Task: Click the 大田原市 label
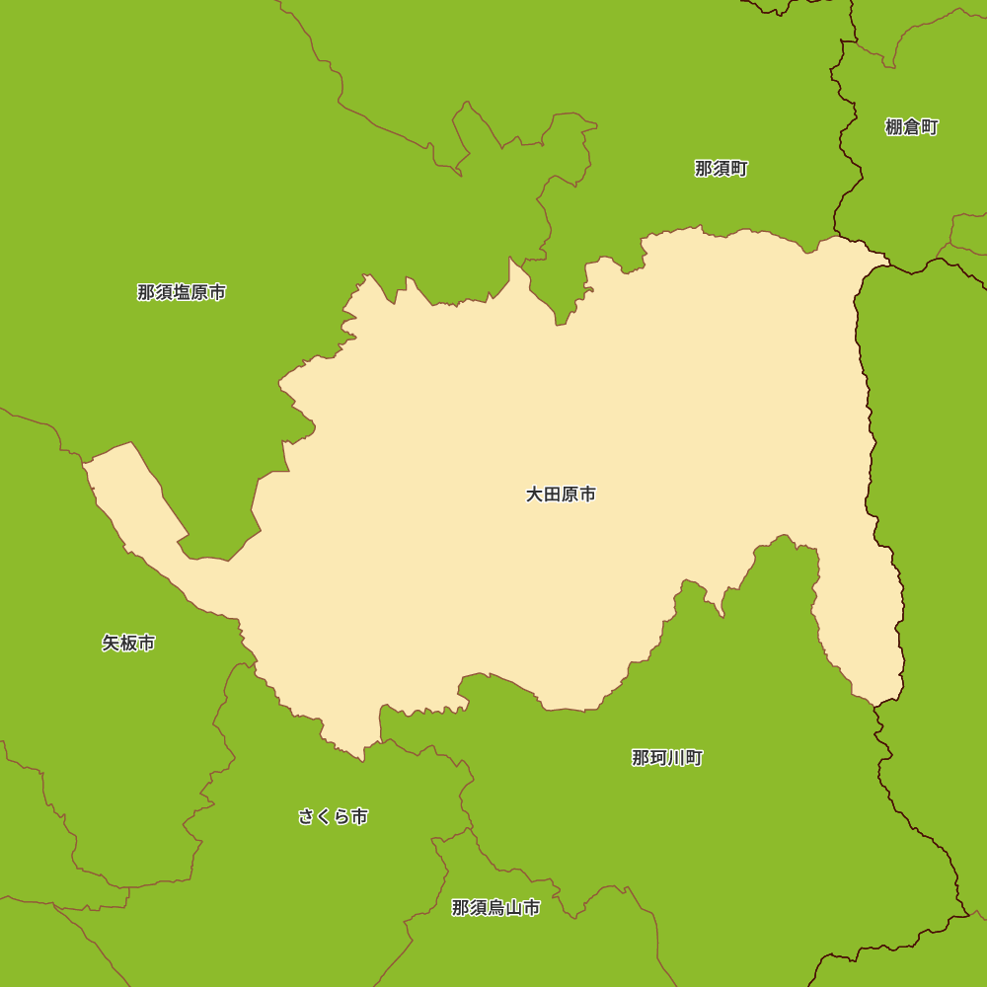[x=561, y=494]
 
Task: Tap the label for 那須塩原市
[x=182, y=292]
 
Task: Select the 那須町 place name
[x=721, y=169]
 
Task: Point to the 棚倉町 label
[x=912, y=126]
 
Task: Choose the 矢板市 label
[x=128, y=644]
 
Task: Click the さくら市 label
[x=334, y=817]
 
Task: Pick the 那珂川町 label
[x=667, y=758]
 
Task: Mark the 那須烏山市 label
[x=496, y=908]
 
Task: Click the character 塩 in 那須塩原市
[x=182, y=292]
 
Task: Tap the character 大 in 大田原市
[x=534, y=494]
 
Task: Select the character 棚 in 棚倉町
[x=894, y=126]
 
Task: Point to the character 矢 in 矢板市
[x=111, y=644]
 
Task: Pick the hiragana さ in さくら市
[x=307, y=817]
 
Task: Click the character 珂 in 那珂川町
[x=658, y=758]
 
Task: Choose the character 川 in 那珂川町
[x=676, y=758]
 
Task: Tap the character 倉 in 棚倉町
[x=912, y=126]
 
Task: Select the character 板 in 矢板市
[x=128, y=644]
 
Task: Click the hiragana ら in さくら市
[x=342, y=817]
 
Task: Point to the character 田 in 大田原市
[x=552, y=494]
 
